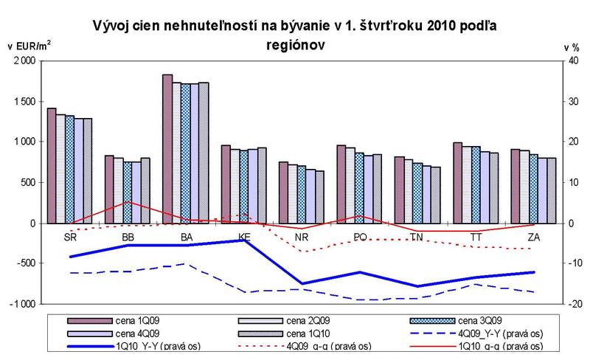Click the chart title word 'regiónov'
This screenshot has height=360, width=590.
click(x=295, y=45)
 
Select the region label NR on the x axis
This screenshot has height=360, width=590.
click(x=300, y=238)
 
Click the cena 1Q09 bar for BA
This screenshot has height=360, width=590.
click(x=167, y=148)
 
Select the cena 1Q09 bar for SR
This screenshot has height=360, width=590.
click(x=52, y=165)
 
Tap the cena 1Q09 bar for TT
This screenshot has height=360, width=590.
click(x=457, y=182)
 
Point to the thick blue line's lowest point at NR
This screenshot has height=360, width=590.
click(x=301, y=283)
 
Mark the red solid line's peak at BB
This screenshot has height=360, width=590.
click(x=128, y=202)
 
